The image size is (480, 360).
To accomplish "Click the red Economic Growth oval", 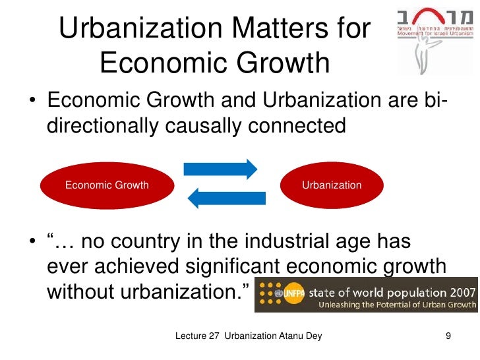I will (107, 185).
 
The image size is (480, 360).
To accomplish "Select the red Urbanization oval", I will (331, 185).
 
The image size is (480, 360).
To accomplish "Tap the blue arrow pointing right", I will (220, 169).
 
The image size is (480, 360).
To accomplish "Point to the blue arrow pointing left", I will (226, 197).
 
